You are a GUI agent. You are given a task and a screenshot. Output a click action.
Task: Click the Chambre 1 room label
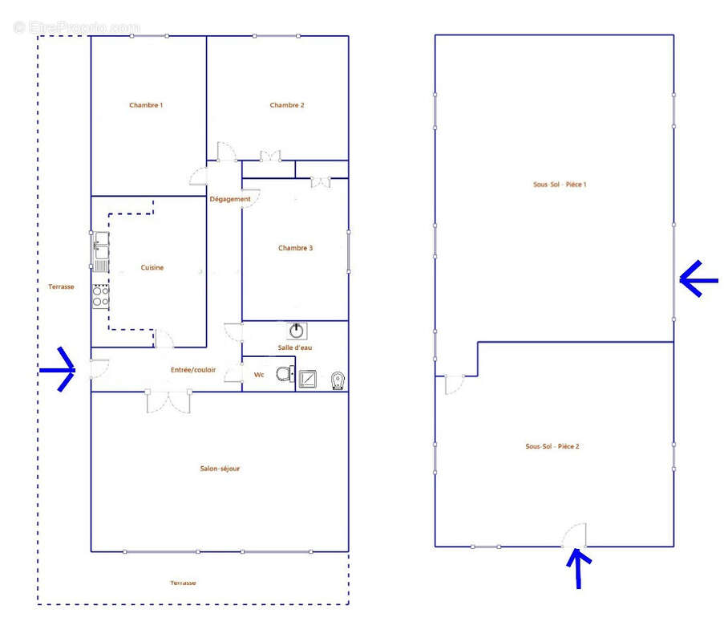pyautogui.click(x=146, y=105)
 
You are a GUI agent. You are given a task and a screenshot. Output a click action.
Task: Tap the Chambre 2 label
pyautogui.click(x=287, y=105)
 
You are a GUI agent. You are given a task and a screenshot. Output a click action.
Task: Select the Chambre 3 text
pyautogui.click(x=296, y=248)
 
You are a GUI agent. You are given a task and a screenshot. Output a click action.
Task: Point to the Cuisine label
pyautogui.click(x=152, y=267)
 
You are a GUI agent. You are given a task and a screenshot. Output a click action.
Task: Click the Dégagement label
pyautogui.click(x=230, y=199)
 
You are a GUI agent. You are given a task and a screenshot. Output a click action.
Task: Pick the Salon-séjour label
pyautogui.click(x=220, y=469)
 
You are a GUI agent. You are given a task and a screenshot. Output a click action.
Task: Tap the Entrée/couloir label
pyautogui.click(x=193, y=370)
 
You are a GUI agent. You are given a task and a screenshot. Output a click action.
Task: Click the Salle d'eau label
pyautogui.click(x=294, y=347)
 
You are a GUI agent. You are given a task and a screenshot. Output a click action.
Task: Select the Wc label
pyautogui.click(x=259, y=375)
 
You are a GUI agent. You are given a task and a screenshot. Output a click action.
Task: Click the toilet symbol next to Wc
pyautogui.click(x=285, y=373)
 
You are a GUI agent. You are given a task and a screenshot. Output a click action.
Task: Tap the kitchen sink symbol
pyautogui.click(x=101, y=252)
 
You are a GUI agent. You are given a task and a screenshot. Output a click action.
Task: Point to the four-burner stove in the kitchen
pyautogui.click(x=101, y=297)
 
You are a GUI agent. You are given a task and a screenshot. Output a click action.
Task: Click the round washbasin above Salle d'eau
pyautogui.click(x=297, y=331)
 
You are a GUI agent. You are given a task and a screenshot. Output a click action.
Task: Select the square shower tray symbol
pyautogui.click(x=308, y=380)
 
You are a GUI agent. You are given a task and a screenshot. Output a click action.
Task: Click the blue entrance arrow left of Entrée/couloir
pyautogui.click(x=58, y=370)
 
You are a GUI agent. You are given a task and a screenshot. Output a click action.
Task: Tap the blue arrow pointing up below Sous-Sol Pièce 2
pyautogui.click(x=579, y=568)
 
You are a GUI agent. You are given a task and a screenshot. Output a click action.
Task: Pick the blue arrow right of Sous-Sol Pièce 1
pyautogui.click(x=698, y=279)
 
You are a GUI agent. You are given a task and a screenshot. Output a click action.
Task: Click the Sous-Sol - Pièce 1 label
pyautogui.click(x=560, y=185)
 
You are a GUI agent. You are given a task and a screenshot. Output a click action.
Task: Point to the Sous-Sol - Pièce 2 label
pyautogui.click(x=552, y=446)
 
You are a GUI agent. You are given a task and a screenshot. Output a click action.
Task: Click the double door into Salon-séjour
pyautogui.click(x=168, y=401)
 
